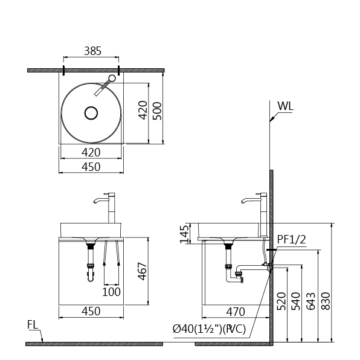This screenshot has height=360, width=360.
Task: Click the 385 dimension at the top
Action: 92,51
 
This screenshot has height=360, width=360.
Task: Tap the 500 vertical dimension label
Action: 158,111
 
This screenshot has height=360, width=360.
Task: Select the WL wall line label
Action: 285,106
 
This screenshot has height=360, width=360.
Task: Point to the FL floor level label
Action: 33,324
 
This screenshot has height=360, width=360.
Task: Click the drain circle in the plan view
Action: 91,113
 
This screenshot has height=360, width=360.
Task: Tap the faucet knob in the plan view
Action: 112,79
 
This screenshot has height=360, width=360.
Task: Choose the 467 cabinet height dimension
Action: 143,271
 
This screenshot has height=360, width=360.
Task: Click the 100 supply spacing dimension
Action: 111,292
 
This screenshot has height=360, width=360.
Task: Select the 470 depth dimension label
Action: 236,312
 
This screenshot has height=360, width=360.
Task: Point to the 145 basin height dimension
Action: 185,234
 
